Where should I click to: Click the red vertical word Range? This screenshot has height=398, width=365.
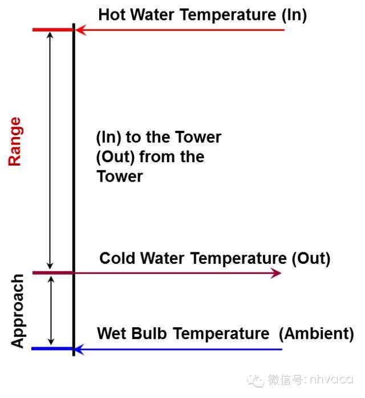15,142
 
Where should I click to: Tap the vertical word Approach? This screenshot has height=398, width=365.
18,311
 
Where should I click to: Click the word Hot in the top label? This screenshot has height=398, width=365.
112,14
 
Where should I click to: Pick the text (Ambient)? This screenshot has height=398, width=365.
316,333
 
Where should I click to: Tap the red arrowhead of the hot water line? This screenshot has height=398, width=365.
81,30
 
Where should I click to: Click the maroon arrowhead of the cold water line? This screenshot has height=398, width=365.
276,273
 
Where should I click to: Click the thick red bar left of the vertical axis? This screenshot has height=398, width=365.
52,30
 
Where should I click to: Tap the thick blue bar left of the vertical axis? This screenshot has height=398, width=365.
52,349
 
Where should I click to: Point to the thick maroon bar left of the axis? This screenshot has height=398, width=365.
52,273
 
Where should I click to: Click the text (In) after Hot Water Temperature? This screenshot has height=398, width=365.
294,15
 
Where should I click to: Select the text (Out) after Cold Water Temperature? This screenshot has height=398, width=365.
311,259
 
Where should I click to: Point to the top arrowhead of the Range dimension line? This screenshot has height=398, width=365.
50,35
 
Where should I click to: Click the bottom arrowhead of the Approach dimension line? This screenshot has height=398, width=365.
51,342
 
